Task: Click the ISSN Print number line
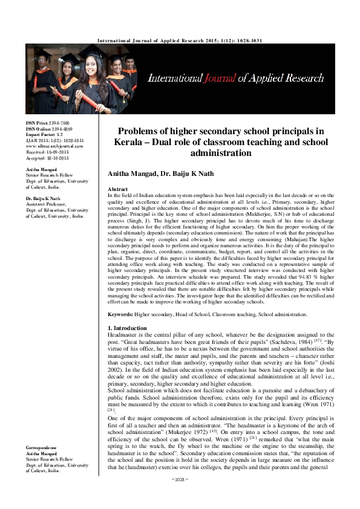[47, 123]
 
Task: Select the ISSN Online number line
[48, 129]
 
